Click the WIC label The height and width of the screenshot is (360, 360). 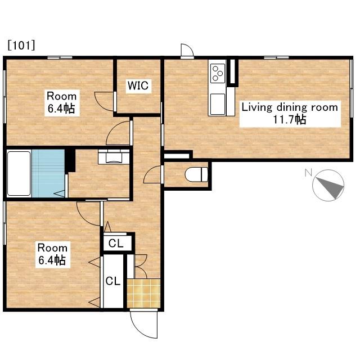(138, 85)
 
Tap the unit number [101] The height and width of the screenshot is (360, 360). (21, 45)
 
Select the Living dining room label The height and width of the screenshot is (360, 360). (290, 107)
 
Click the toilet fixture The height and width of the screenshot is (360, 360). (196, 174)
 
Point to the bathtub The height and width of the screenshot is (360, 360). (19, 174)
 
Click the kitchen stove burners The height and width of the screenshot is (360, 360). (218, 73)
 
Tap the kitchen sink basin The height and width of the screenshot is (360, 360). (218, 104)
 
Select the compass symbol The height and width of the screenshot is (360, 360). (328, 185)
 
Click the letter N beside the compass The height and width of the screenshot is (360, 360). (308, 173)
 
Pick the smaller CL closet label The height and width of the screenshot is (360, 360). (116, 244)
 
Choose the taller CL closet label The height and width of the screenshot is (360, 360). (113, 281)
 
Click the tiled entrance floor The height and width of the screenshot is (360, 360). (144, 293)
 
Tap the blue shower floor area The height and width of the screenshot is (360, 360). (48, 174)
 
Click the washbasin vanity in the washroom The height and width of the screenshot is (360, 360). (114, 157)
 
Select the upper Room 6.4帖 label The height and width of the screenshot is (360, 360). (62, 102)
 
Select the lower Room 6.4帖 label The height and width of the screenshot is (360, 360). (52, 254)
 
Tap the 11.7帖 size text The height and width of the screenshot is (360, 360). (290, 119)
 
